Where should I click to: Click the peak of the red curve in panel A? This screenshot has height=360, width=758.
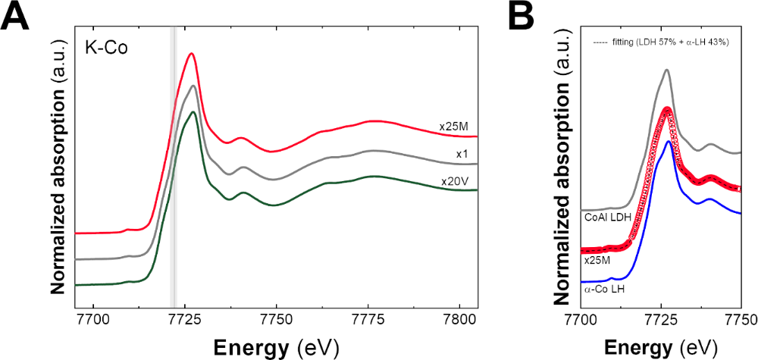pos(192,54)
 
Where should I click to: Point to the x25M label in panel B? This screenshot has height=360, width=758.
pos(597,259)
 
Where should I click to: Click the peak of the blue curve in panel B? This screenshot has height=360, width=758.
pos(668,141)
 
